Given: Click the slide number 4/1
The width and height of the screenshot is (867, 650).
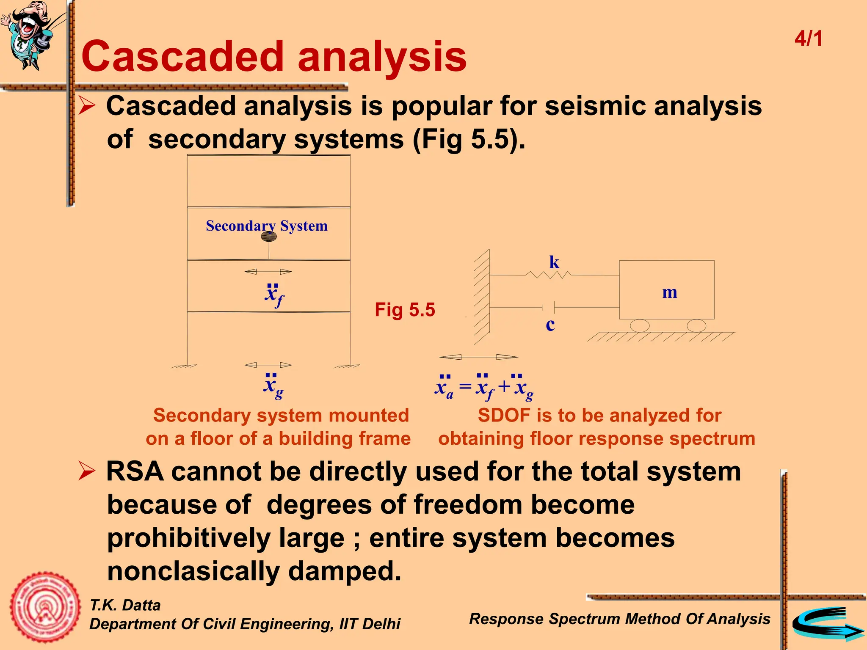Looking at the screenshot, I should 808,39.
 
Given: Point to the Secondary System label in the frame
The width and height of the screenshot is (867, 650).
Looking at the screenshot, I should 267,226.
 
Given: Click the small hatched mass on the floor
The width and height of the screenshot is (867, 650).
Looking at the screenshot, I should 269,236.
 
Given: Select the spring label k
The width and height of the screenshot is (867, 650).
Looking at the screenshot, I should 554,262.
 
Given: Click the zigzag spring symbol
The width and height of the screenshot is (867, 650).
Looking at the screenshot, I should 548,275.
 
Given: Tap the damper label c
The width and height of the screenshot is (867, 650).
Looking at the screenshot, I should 550,325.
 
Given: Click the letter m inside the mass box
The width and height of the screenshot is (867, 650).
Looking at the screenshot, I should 669,292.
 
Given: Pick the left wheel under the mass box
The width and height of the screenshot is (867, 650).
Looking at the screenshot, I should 640,325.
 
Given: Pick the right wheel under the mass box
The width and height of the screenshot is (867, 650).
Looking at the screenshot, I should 696,325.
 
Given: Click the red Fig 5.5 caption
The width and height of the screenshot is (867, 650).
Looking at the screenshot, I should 405,310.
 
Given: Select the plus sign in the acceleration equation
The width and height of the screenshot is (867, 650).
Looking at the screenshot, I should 504,386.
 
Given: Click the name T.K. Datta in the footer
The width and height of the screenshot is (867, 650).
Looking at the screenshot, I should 125,605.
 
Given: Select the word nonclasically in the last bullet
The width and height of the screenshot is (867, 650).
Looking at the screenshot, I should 193,571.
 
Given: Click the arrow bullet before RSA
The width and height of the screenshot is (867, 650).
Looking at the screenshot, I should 87,471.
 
